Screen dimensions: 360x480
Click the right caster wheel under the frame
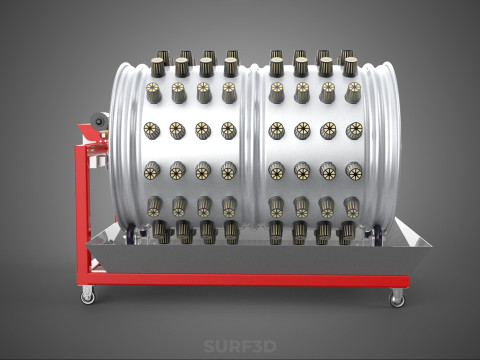397,296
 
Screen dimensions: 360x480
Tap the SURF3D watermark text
239,347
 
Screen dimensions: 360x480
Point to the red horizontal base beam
240,281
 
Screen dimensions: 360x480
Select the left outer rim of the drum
121,150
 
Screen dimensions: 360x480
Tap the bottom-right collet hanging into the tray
346,233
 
